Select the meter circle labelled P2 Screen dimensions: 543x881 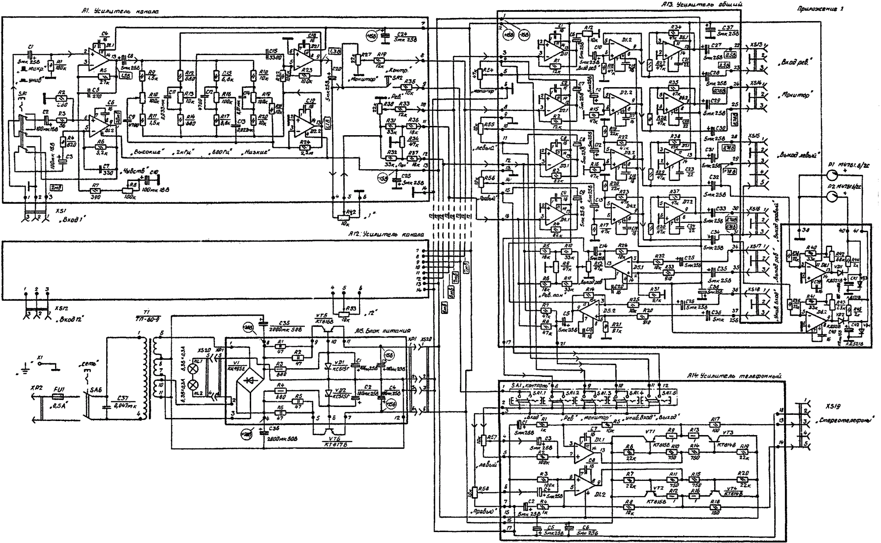(832, 196)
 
